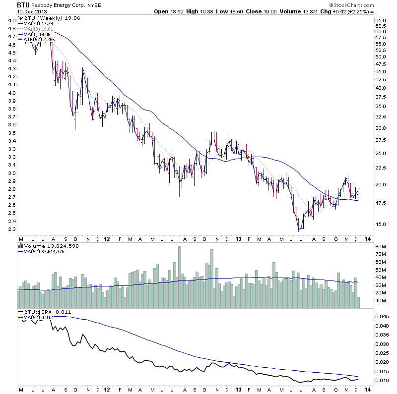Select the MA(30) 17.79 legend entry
36,23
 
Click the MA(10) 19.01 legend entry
36,29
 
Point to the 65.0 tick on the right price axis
381,20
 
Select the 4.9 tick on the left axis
10,20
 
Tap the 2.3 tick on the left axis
10,229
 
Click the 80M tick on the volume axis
381,246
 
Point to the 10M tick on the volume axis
381,300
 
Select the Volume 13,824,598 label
45,246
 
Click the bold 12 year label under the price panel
108,238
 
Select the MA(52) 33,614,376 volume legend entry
45,252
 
